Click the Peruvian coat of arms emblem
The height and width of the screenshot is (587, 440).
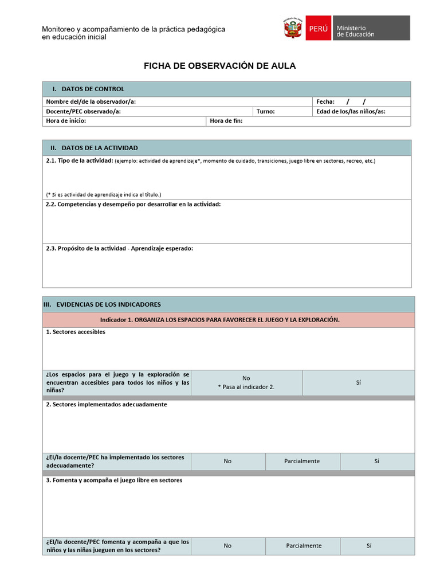click(x=293, y=28)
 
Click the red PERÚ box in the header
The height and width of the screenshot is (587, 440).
click(x=318, y=28)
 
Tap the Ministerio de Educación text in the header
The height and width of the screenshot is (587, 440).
click(x=355, y=31)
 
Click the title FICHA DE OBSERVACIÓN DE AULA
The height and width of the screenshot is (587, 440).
click(x=219, y=66)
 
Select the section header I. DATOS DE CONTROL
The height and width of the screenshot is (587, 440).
click(x=88, y=89)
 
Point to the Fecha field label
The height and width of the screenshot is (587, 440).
click(x=325, y=101)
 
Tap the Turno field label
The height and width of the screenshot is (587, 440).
click(x=266, y=111)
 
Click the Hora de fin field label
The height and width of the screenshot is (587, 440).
click(x=226, y=121)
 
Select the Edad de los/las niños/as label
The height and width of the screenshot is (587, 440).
click(x=351, y=111)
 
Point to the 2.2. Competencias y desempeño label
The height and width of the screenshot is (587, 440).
click(x=133, y=204)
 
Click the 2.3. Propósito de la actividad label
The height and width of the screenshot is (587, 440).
click(x=119, y=248)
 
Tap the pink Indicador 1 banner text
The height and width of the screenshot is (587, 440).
click(x=220, y=320)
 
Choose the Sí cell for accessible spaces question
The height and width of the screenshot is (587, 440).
click(x=358, y=382)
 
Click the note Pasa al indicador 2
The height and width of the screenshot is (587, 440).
click(x=246, y=387)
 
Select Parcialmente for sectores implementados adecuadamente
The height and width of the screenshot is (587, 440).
click(x=302, y=461)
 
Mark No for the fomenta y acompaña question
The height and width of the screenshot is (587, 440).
click(x=227, y=546)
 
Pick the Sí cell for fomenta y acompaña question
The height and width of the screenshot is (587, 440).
click(x=369, y=546)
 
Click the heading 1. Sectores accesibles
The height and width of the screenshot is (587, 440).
click(x=76, y=332)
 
